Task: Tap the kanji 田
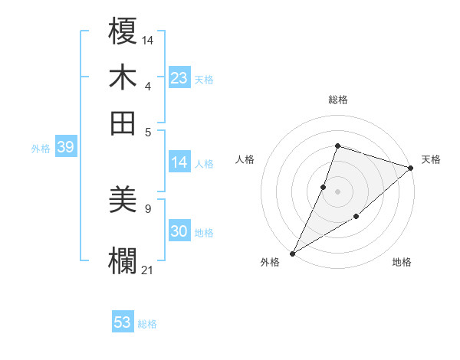pyautogui.click(x=123, y=123)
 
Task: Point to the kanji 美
pyautogui.click(x=123, y=201)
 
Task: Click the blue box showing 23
pyautogui.click(x=179, y=78)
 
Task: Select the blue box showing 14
pyautogui.click(x=179, y=162)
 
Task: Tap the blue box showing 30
pyautogui.click(x=179, y=232)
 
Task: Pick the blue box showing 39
pyautogui.click(x=65, y=148)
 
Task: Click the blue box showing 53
pyautogui.click(x=123, y=322)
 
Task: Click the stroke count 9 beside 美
pyautogui.click(x=147, y=208)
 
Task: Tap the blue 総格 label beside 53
pyautogui.click(x=147, y=324)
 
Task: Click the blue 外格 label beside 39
pyautogui.click(x=41, y=149)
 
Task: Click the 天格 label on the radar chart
pyautogui.click(x=431, y=159)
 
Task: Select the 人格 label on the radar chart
pyautogui.click(x=245, y=159)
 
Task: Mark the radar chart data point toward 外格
pyautogui.click(x=292, y=253)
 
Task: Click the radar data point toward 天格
pyautogui.click(x=410, y=168)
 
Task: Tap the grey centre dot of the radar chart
pyautogui.click(x=337, y=191)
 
